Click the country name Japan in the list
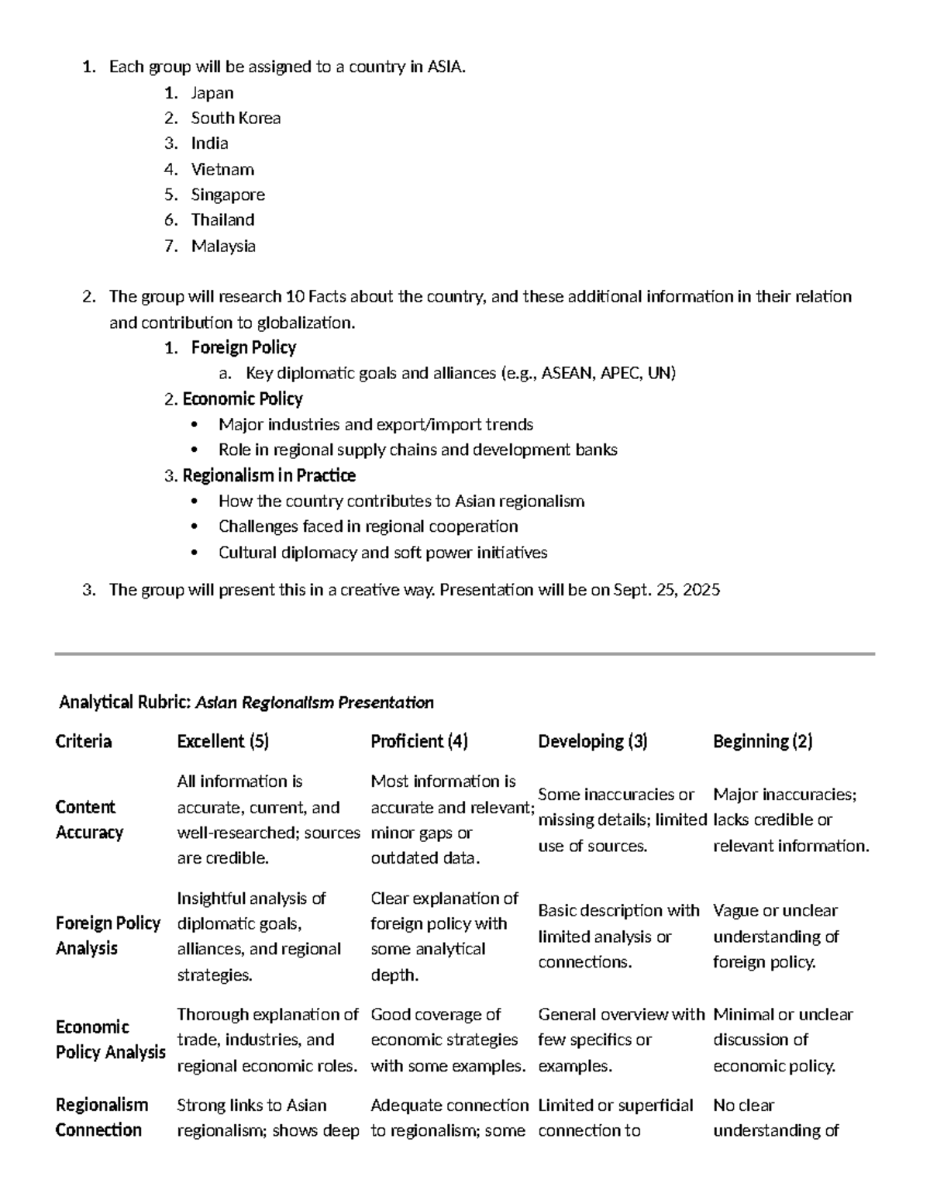(212, 93)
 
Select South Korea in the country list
(236, 119)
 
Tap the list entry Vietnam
(222, 170)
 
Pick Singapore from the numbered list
(228, 195)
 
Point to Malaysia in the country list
(223, 247)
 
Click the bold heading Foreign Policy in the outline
(243, 347)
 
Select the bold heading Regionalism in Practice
(269, 475)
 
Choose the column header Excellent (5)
(222, 742)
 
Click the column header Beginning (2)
(763, 742)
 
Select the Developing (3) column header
(593, 742)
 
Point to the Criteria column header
(84, 742)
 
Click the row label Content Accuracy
(89, 819)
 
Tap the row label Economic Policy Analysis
(110, 1040)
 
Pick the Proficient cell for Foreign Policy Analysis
(444, 937)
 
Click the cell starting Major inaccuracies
(790, 820)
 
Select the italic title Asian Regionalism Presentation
(315, 703)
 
